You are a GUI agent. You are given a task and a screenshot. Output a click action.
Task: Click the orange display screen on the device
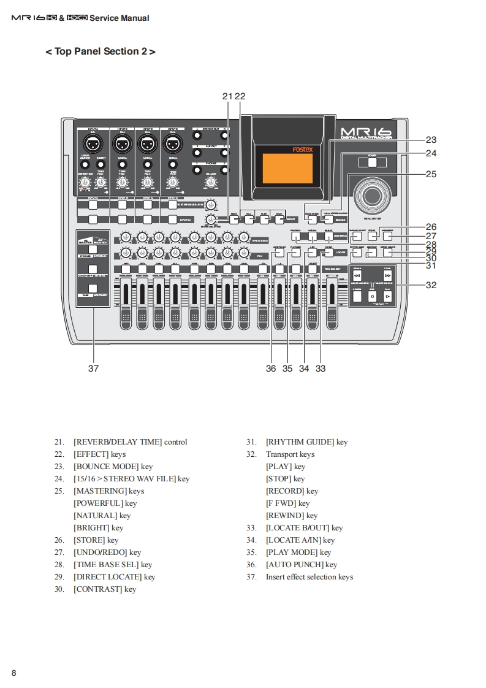pos(281,167)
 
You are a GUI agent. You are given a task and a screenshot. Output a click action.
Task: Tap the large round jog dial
pos(371,196)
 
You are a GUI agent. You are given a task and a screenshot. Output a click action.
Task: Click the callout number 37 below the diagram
pos(93,369)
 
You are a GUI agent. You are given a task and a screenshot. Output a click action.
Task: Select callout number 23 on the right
pos(431,140)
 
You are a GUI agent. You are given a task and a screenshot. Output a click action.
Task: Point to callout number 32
pos(431,285)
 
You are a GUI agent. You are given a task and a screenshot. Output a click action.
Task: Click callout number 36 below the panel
pos(271,369)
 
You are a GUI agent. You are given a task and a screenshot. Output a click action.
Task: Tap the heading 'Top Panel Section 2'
pos(101,52)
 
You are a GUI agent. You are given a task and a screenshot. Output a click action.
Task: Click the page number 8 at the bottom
pos(13,673)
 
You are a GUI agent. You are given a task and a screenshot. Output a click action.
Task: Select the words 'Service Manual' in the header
pos(120,18)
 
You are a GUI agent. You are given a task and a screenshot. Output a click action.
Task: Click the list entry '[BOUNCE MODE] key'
pos(113,467)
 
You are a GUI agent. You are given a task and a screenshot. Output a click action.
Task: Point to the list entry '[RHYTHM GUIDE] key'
pos(306,442)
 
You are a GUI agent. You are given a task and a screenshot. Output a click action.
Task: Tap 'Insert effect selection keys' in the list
pos(309,577)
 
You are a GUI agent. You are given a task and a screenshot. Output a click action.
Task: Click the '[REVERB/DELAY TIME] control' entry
pos(130,442)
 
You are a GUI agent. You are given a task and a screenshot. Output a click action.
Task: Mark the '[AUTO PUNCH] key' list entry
pos(302,565)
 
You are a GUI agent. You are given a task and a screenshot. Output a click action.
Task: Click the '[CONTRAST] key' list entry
pos(105,589)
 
